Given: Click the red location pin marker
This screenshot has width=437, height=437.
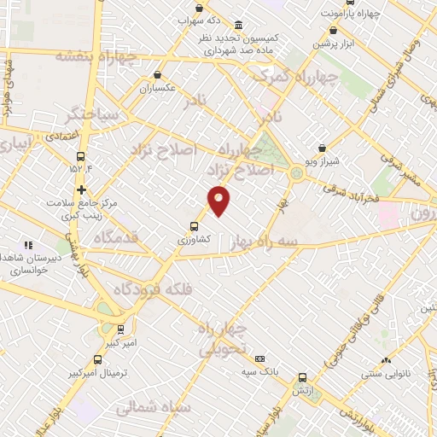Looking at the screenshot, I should [219, 201].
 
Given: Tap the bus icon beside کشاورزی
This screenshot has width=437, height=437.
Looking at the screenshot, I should [195, 226].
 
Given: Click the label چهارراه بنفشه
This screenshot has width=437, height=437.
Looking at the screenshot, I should [85, 56].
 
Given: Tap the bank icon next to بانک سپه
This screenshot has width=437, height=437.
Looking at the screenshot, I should [259, 359].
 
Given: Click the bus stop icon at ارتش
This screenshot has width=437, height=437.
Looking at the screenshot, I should [302, 377].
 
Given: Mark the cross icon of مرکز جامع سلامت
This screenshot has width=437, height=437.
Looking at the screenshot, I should [81, 189].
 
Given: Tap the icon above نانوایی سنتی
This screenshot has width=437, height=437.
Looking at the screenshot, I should [386, 361].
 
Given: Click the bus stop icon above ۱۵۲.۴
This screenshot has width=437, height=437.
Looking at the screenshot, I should [81, 155].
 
